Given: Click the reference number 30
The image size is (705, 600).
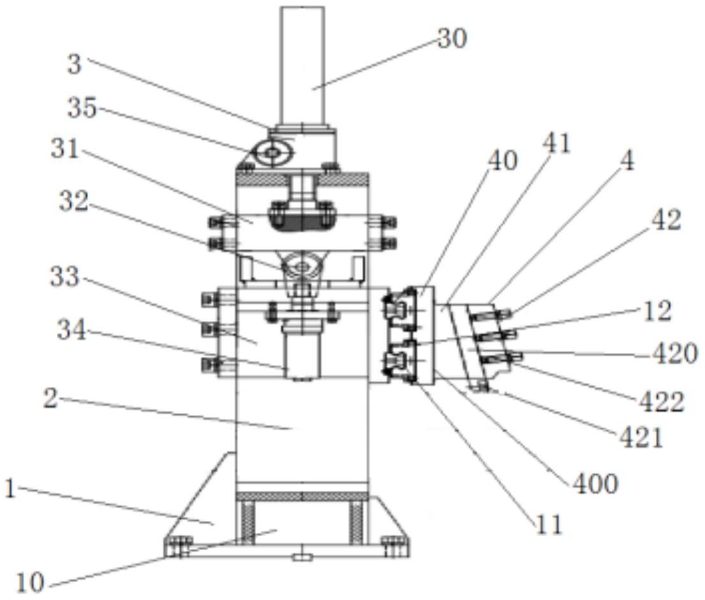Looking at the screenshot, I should (452, 40).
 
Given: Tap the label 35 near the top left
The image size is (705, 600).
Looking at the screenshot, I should (82, 109).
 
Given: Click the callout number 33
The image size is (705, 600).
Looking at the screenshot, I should (64, 277).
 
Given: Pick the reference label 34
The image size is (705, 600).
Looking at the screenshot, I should (72, 330).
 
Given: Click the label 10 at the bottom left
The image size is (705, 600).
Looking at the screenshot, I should (29, 582).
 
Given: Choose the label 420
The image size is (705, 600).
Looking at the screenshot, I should (674, 353).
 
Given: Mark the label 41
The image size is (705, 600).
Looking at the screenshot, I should (556, 144).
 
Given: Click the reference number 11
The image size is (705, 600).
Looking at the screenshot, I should (549, 525).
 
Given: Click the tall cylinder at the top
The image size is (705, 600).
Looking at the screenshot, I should (302, 64).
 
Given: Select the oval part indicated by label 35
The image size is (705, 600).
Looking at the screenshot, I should (273, 153).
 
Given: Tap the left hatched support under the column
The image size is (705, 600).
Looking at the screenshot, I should (246, 521).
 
